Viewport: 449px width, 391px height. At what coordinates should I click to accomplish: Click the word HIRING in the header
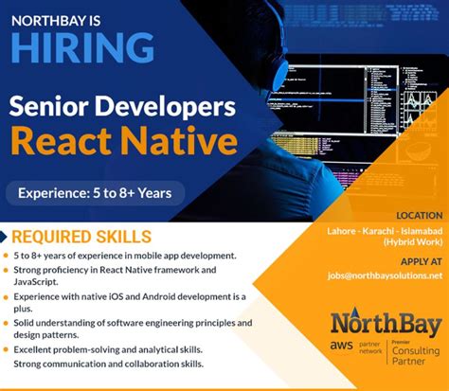click(x=83, y=46)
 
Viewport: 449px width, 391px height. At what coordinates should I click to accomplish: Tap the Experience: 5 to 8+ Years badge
click(x=94, y=193)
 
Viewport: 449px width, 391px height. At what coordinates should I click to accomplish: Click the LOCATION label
click(x=420, y=216)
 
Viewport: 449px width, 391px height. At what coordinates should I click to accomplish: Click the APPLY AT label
click(x=420, y=260)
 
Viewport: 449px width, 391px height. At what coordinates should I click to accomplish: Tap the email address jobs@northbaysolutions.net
click(x=383, y=275)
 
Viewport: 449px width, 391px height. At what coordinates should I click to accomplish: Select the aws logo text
click(x=341, y=350)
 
